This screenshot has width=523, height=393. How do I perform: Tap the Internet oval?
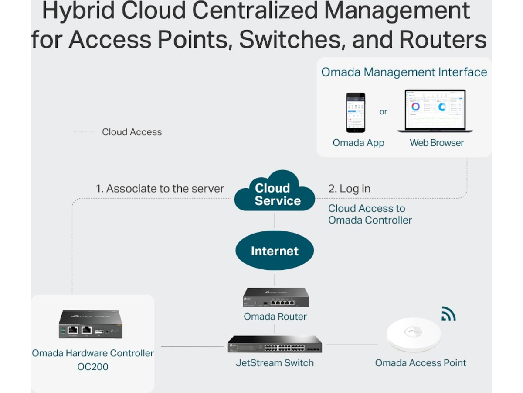pos(275,251)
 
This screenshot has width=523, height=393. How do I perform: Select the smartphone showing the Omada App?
pos(356,113)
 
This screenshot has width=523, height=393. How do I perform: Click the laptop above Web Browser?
pos(435,111)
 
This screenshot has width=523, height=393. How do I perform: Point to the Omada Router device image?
pos(276,297)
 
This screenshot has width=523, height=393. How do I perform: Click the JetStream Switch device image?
pos(275,344)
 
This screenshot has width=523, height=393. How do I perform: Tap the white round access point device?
pos(414,334)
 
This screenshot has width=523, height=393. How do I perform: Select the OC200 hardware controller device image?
pos(91,324)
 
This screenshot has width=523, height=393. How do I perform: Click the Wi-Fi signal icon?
pos(448,314)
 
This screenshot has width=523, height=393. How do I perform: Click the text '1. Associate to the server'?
pos(160,189)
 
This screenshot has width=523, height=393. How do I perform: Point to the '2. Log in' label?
pos(349,189)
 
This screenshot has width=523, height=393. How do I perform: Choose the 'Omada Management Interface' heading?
pos(404,72)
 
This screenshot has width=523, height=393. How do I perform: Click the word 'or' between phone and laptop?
pos(383,112)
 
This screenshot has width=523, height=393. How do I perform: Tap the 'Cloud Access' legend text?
pos(132,132)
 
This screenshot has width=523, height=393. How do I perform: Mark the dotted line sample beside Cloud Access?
pos(84,132)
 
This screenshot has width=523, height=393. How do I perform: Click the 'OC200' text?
pos(92,366)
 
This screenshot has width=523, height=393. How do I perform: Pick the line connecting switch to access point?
pos(352,345)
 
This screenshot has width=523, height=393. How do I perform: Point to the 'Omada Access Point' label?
pos(421,363)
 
